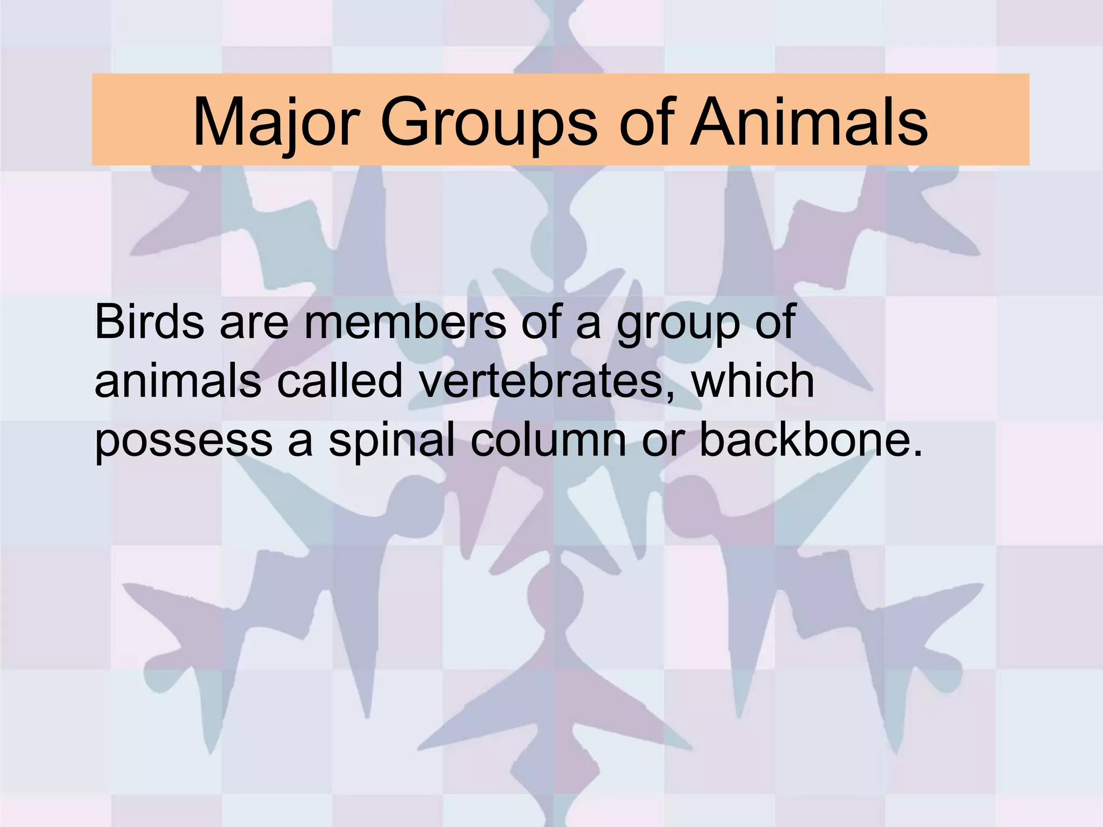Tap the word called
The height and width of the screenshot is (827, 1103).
339,381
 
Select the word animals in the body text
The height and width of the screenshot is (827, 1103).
178,382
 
